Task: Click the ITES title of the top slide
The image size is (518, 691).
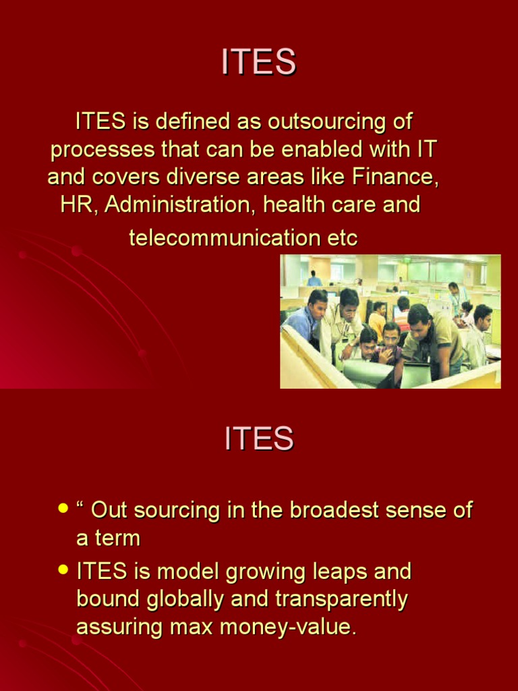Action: pos(259,63)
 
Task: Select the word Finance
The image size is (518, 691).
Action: pos(395,177)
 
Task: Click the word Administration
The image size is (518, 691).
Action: pos(180,205)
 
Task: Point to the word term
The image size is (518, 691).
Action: pos(116,538)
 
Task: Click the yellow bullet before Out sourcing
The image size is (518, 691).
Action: pos(63,507)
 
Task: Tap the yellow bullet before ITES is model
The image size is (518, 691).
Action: pos(63,570)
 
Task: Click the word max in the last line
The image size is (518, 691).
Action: pos(207,628)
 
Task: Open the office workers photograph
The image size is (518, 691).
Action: pos(391,321)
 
